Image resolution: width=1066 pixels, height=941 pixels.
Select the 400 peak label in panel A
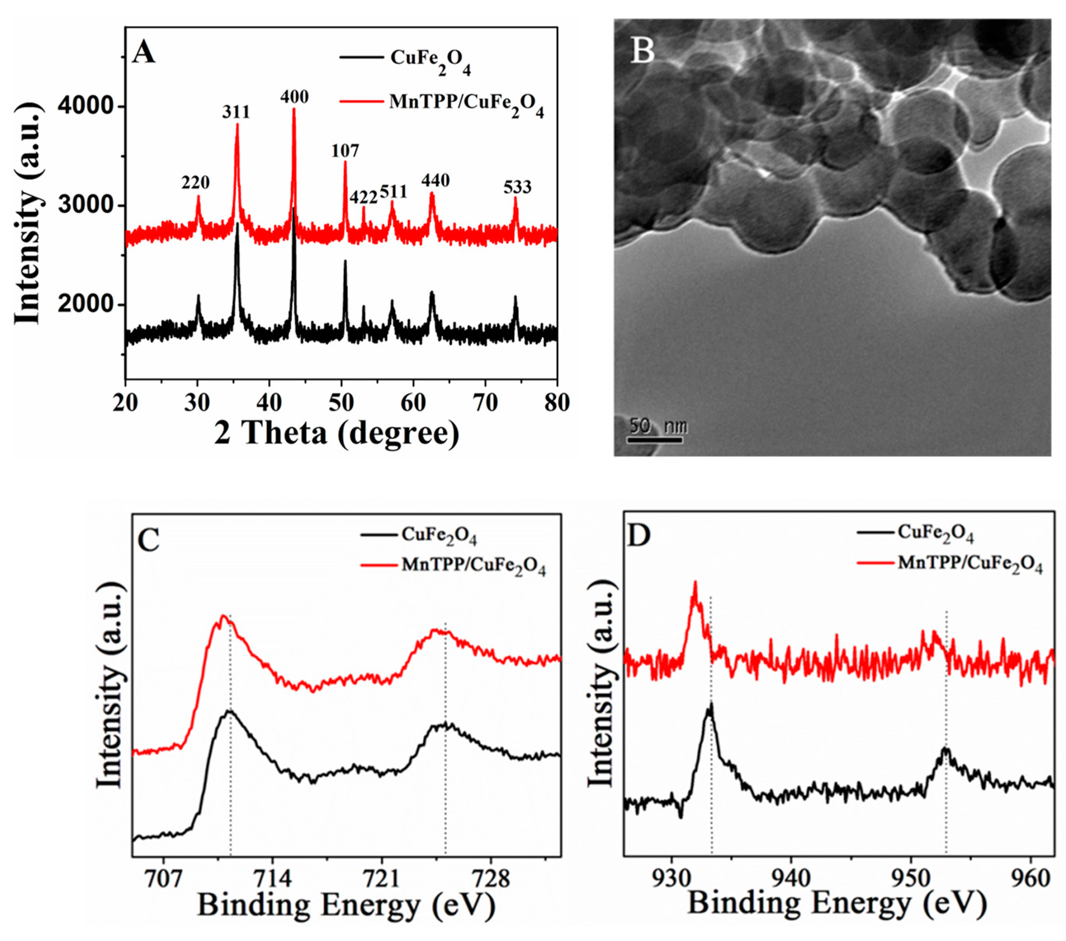(x=294, y=96)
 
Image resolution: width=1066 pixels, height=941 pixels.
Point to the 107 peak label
(x=345, y=151)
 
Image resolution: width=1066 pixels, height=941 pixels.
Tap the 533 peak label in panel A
(x=517, y=187)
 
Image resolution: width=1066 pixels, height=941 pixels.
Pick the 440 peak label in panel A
(x=435, y=181)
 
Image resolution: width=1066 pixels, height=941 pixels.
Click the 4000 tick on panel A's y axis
(x=85, y=106)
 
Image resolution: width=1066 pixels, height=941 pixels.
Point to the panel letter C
(x=149, y=539)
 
